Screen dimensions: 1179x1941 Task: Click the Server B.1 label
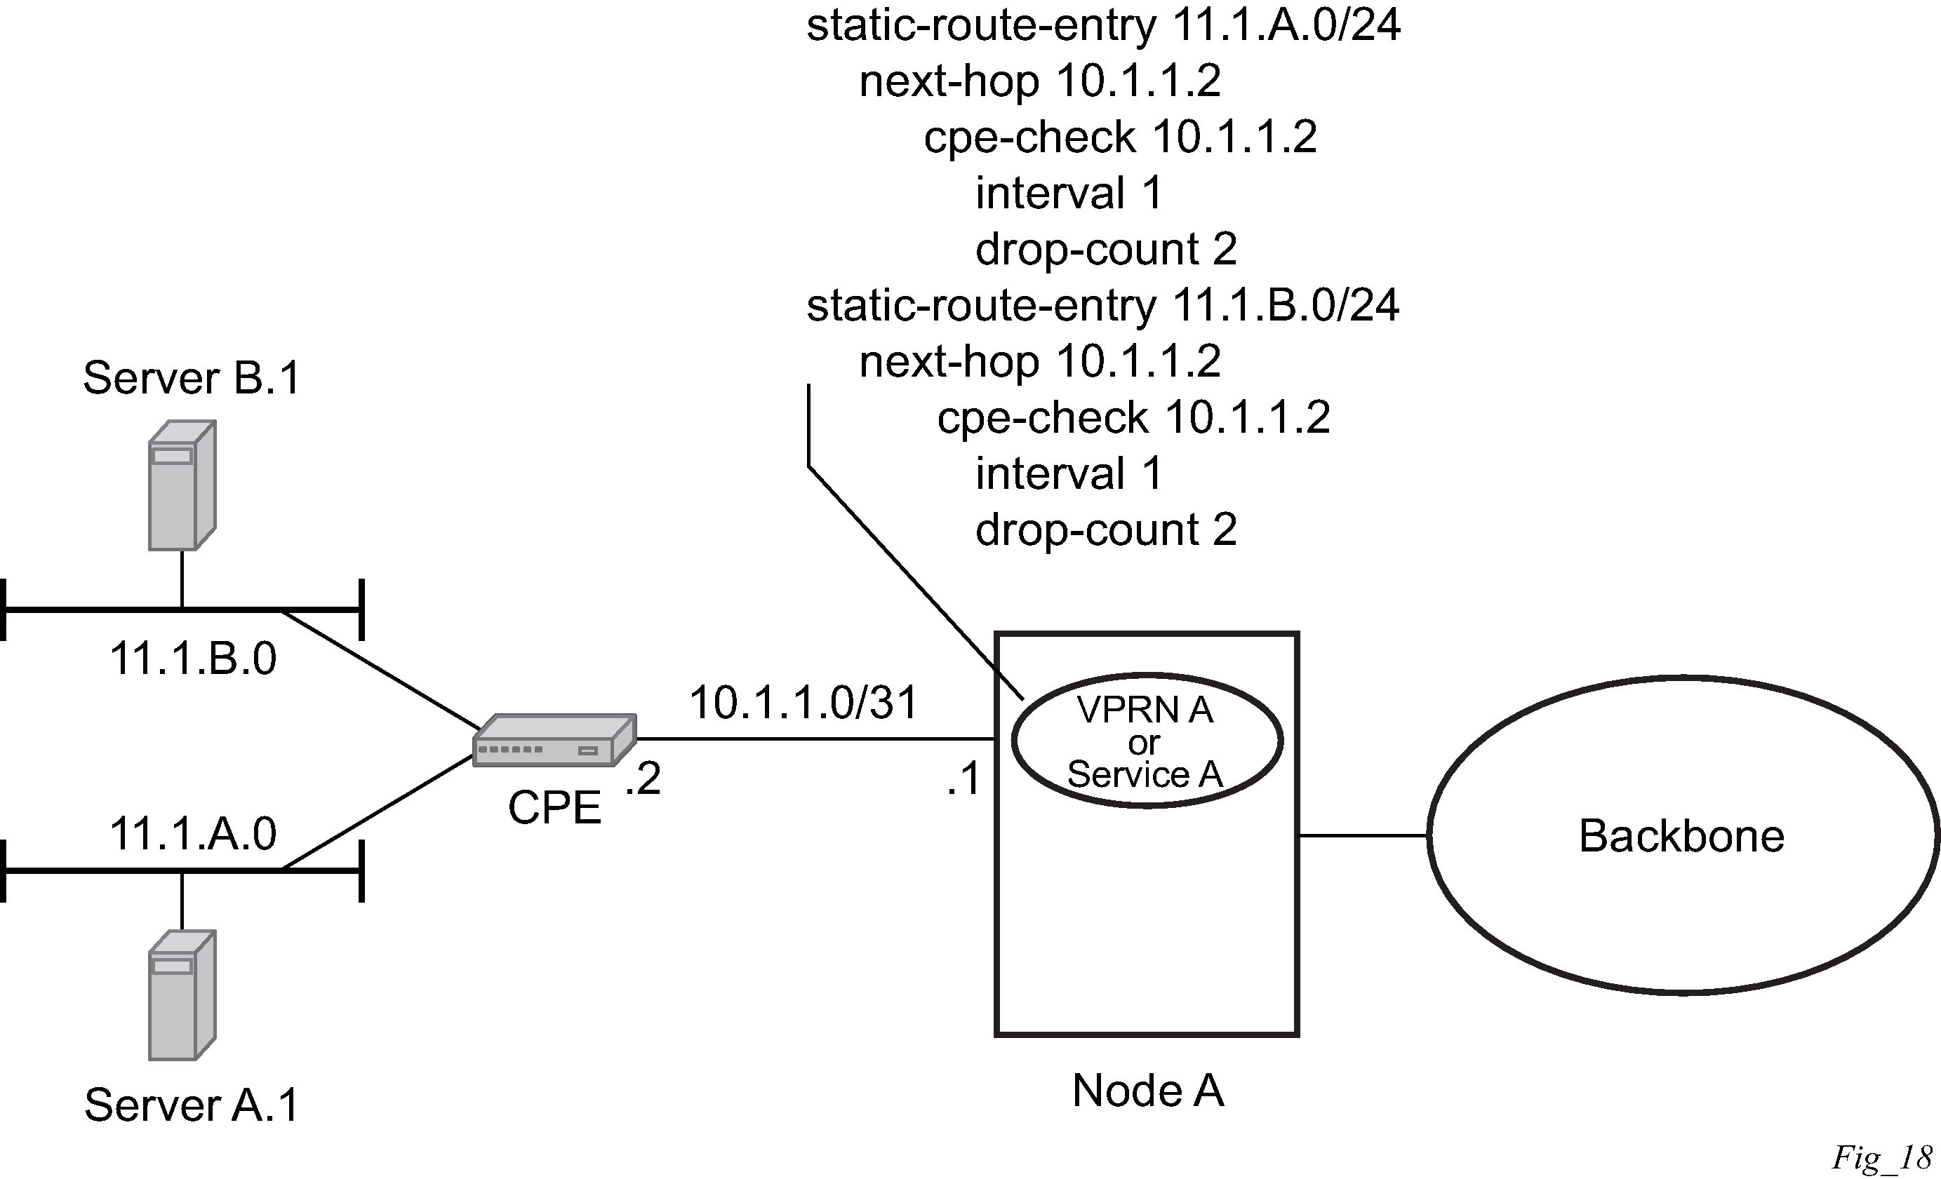click(x=192, y=379)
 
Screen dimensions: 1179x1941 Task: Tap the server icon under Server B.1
click(x=182, y=485)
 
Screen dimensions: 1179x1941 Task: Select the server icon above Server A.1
click(x=182, y=995)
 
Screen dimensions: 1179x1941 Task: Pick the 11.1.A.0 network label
click(x=193, y=834)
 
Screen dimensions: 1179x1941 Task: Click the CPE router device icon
click(x=554, y=741)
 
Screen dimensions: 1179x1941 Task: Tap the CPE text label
click(x=554, y=808)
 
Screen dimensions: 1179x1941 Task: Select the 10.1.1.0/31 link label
click(x=803, y=703)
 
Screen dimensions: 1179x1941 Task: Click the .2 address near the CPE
click(x=643, y=779)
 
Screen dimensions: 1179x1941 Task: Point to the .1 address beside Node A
click(x=963, y=779)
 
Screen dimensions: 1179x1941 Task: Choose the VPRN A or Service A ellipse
click(x=1146, y=741)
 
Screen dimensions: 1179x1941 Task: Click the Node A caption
click(x=1148, y=1091)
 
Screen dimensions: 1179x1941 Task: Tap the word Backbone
click(x=1681, y=837)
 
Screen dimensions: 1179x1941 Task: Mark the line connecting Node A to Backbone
click(x=1363, y=835)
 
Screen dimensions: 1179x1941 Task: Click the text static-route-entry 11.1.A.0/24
click(x=1103, y=25)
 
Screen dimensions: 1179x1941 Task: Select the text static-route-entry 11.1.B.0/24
click(x=1103, y=306)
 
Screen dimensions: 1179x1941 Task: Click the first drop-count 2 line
click(x=1106, y=250)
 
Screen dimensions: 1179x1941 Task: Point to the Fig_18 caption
click(x=1881, y=1158)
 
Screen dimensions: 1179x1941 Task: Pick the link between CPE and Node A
click(x=815, y=739)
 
